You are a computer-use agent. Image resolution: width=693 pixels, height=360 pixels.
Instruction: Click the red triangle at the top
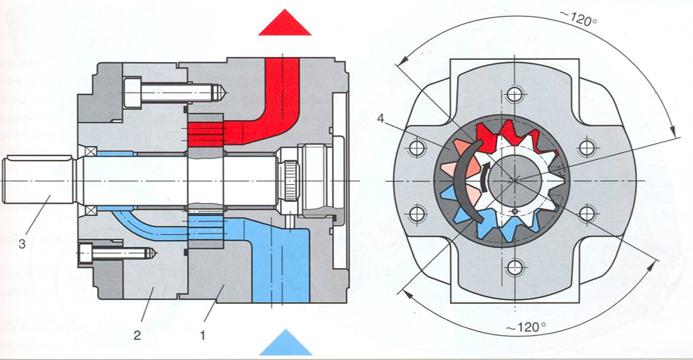[x=285, y=23]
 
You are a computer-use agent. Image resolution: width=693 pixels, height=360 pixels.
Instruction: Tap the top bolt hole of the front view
[x=516, y=95]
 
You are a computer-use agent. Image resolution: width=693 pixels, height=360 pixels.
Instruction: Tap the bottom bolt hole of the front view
[x=516, y=267]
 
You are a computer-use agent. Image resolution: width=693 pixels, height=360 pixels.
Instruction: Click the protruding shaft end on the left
[x=38, y=180]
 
